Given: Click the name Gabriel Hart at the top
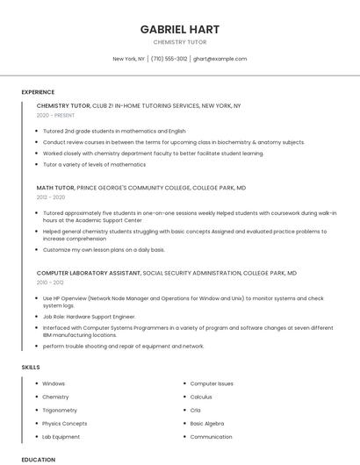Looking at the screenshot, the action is [x=180, y=29].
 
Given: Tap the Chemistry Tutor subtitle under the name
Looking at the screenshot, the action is [x=180, y=41].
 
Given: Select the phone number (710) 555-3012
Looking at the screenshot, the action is [x=169, y=59].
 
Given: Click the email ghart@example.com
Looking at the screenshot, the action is [x=220, y=59].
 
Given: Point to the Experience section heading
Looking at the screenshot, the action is [x=38, y=92].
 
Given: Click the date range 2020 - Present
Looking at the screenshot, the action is [x=55, y=115].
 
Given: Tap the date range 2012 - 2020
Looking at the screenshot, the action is [x=51, y=197].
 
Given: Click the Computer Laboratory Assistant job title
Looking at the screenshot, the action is [x=88, y=273].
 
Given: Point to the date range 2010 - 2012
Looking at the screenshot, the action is [x=50, y=283].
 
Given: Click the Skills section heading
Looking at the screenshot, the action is [x=31, y=367].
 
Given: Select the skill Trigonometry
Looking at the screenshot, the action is [x=60, y=410].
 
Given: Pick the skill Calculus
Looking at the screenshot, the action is [x=201, y=397].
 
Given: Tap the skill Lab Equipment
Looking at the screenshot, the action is [x=61, y=436].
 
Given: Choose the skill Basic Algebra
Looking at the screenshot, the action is [x=207, y=423].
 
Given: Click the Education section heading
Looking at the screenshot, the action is [x=38, y=459].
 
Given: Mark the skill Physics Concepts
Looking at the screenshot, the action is [x=64, y=423].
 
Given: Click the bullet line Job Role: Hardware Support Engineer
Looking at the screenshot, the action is [x=89, y=316].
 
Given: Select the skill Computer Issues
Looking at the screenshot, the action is [x=212, y=383].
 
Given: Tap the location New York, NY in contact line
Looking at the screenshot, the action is [x=128, y=59].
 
